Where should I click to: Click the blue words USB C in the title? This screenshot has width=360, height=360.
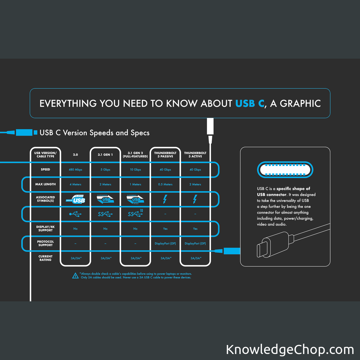click(x=250, y=103)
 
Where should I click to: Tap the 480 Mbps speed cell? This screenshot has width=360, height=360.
click(x=75, y=170)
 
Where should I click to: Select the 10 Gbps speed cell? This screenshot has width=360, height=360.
click(x=135, y=170)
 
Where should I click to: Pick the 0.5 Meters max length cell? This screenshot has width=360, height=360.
click(x=165, y=184)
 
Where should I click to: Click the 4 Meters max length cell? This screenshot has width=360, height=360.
click(x=75, y=184)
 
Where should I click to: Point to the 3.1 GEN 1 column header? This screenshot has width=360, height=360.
click(x=105, y=155)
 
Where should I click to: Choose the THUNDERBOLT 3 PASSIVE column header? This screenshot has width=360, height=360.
click(x=165, y=155)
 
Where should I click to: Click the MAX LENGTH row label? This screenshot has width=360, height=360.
click(x=45, y=184)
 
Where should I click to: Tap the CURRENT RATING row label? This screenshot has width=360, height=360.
click(x=45, y=258)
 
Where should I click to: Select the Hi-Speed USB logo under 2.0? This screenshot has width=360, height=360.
click(x=75, y=199)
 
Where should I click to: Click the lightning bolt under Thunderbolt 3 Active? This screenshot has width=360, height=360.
click(x=195, y=199)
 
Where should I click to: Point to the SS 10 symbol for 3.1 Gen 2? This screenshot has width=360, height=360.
click(x=135, y=214)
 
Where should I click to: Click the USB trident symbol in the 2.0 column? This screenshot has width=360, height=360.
click(x=75, y=214)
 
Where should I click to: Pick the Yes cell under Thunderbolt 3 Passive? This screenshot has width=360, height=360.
click(x=165, y=229)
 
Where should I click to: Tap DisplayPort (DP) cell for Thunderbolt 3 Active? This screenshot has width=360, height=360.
click(x=195, y=244)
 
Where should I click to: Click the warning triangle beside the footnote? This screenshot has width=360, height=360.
click(x=76, y=275)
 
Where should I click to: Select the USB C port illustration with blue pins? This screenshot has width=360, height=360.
click(x=285, y=170)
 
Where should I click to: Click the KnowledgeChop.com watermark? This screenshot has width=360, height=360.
click(x=290, y=350)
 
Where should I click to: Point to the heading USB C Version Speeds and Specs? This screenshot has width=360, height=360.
click(x=94, y=133)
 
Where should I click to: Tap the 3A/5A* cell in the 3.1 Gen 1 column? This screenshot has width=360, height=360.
click(x=105, y=258)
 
